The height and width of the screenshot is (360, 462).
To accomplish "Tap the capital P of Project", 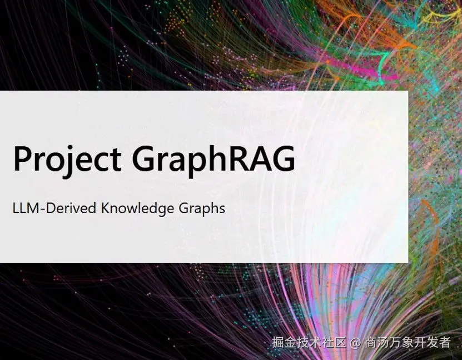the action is pos(23,158).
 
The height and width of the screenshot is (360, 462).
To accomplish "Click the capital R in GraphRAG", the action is pos(231,158).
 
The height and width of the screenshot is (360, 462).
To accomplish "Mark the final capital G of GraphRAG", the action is pos(283,159).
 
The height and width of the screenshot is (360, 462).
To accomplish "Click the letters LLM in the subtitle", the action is pos(26,208).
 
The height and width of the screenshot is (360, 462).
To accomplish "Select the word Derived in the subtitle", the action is pos(71,208).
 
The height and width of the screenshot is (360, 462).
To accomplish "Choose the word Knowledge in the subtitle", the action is pos(137,209).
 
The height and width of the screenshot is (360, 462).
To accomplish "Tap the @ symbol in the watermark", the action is pos(356,343).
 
